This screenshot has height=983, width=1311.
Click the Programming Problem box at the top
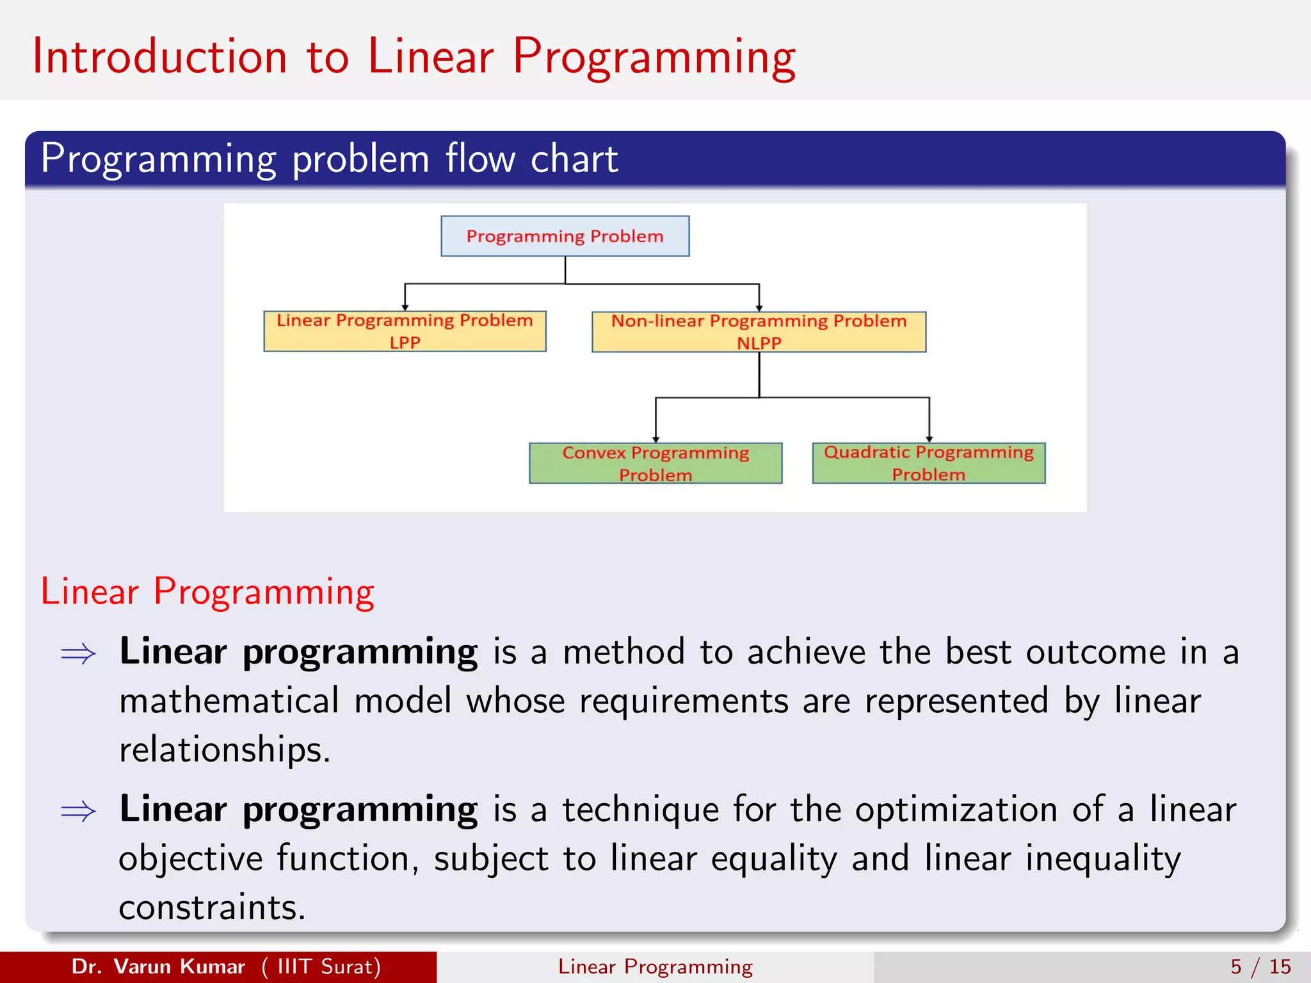click(565, 236)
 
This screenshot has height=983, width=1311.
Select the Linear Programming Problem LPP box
click(405, 331)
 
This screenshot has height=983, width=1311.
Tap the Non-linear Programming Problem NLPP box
click(759, 332)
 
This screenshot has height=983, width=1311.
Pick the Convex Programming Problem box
click(655, 463)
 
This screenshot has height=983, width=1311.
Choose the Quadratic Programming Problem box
click(928, 463)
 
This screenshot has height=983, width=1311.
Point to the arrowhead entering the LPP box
click(405, 307)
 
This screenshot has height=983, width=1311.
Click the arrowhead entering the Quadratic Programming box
click(929, 438)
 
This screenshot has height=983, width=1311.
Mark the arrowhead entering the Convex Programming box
click(655, 439)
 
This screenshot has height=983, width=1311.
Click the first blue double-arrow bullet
click(78, 654)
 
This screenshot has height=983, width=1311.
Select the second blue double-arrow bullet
click(78, 811)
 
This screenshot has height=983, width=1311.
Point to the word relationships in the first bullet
click(224, 749)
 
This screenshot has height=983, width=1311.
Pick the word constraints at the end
click(212, 907)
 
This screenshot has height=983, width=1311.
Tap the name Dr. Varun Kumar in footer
click(158, 966)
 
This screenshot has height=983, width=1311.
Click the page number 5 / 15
click(1260, 966)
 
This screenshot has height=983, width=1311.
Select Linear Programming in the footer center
click(655, 966)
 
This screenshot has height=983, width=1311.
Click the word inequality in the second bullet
click(1102, 858)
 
